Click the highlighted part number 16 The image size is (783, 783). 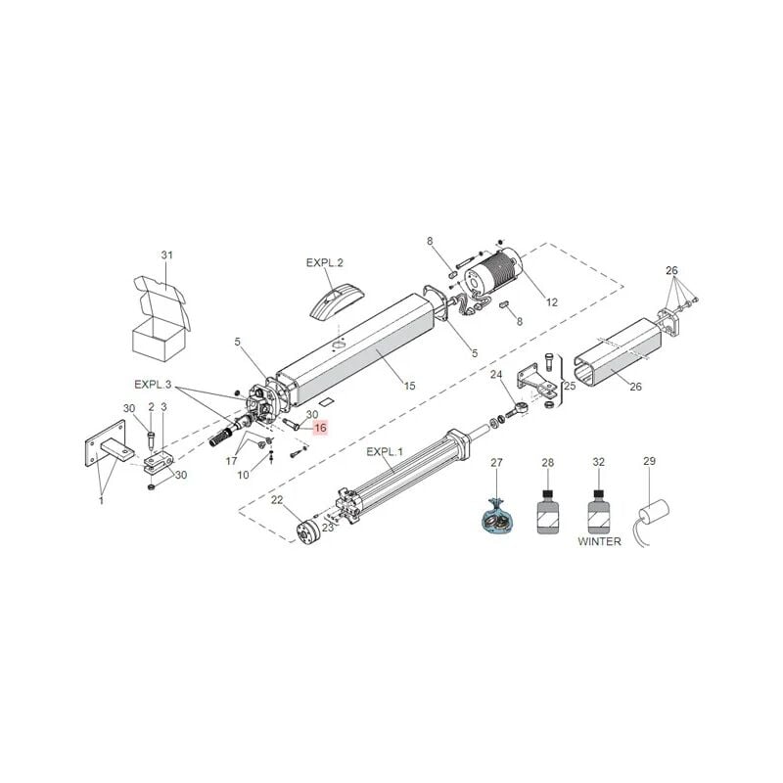(x=319, y=428)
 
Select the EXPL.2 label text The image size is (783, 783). (x=325, y=263)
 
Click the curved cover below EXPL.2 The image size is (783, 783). (x=334, y=299)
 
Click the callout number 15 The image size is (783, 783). (x=409, y=386)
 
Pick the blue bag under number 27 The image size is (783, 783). (x=496, y=517)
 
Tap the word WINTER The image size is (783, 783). (x=598, y=541)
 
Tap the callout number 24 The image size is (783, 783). (x=496, y=374)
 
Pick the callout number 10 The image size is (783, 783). (x=244, y=476)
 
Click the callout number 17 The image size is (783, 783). (x=232, y=460)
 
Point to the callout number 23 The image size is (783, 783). (x=328, y=528)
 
